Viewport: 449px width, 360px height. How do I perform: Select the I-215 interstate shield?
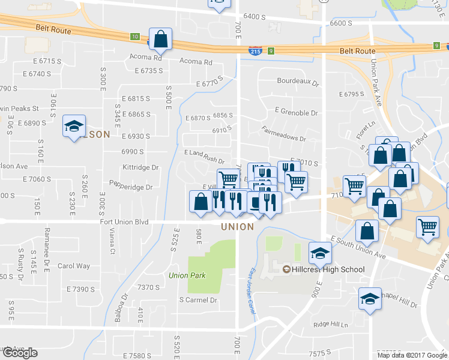[x=255, y=52]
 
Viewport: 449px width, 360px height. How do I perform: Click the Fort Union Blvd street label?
[x=124, y=222]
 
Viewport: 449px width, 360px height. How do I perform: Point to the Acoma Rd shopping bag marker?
[x=160, y=40]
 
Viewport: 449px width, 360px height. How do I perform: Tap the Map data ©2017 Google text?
[x=411, y=355]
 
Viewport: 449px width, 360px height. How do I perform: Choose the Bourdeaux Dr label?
[x=297, y=81]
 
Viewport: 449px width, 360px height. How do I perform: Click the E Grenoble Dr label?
[x=296, y=112]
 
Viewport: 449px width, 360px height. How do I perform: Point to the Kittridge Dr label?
[x=140, y=167]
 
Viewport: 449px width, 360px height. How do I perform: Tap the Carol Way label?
[x=74, y=266]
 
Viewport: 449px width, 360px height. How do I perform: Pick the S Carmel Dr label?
[x=197, y=300]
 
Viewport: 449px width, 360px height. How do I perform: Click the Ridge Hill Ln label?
[x=331, y=325]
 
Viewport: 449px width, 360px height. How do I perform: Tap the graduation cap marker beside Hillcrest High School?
[x=320, y=254]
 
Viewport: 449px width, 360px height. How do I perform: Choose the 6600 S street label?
[x=340, y=23]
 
